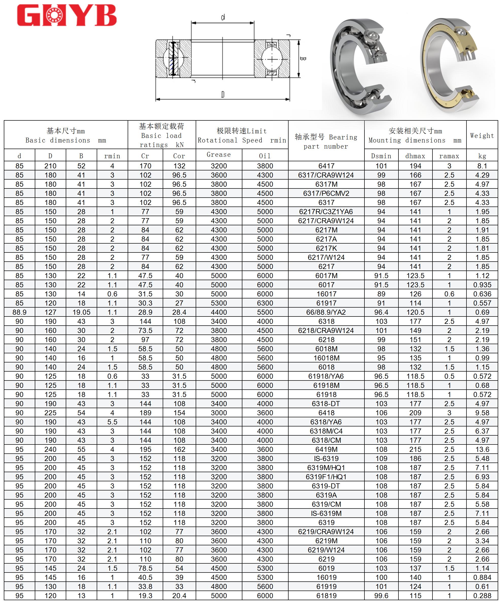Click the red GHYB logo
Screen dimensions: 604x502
click(67, 15)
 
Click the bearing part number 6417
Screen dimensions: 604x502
click(326, 166)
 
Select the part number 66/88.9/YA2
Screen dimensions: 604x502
click(326, 312)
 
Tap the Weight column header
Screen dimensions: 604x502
click(482, 135)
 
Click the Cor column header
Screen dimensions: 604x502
click(179, 156)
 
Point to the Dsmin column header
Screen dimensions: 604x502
click(381, 156)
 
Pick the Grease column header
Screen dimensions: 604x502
click(219, 155)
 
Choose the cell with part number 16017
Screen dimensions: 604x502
click(326, 294)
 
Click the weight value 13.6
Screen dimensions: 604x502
click(482, 449)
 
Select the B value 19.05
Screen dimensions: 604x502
click(81, 312)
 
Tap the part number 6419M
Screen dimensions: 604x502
click(326, 449)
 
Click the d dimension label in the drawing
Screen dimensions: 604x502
click(223, 17)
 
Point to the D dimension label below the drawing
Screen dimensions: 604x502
click(223, 94)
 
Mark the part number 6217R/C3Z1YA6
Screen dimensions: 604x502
click(326, 212)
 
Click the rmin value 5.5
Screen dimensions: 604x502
click(112, 422)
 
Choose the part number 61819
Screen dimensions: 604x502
click(326, 596)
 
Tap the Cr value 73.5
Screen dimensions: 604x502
click(145, 330)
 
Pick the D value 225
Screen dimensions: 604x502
click(50, 413)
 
